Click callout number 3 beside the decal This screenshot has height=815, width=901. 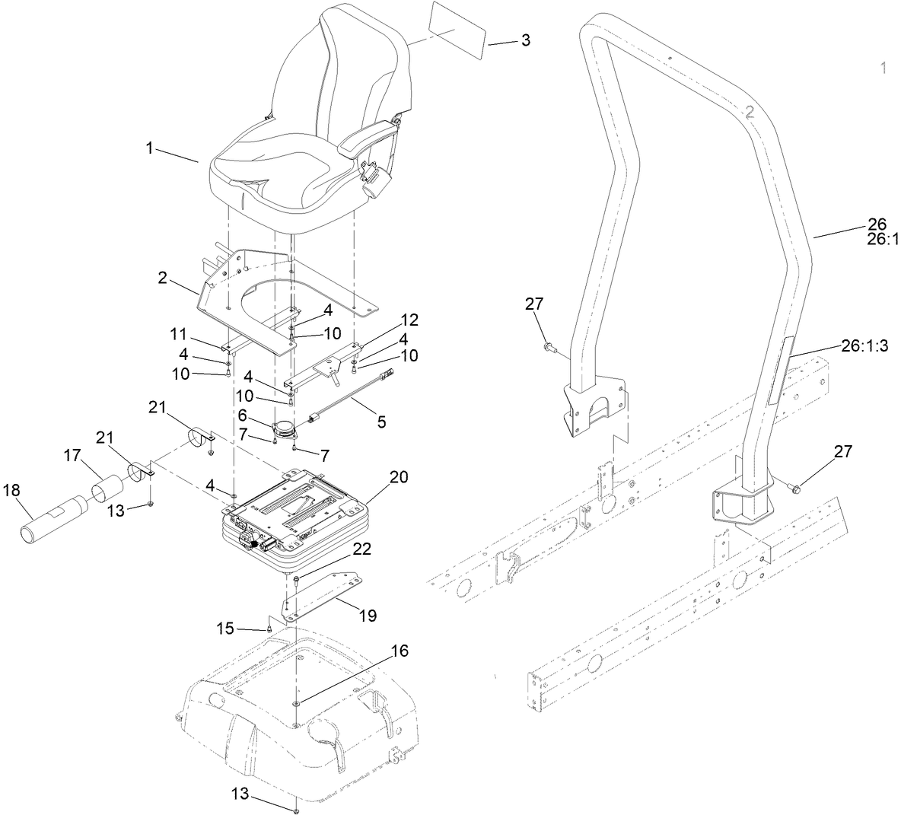pyautogui.click(x=525, y=40)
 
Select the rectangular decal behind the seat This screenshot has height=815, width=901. pyautogui.click(x=454, y=28)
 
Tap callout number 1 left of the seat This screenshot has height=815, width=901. pyautogui.click(x=150, y=148)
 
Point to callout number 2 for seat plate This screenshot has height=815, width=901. pyautogui.click(x=162, y=278)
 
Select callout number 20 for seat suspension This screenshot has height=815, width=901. pyautogui.click(x=398, y=477)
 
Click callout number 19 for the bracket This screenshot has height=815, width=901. pyautogui.click(x=367, y=614)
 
